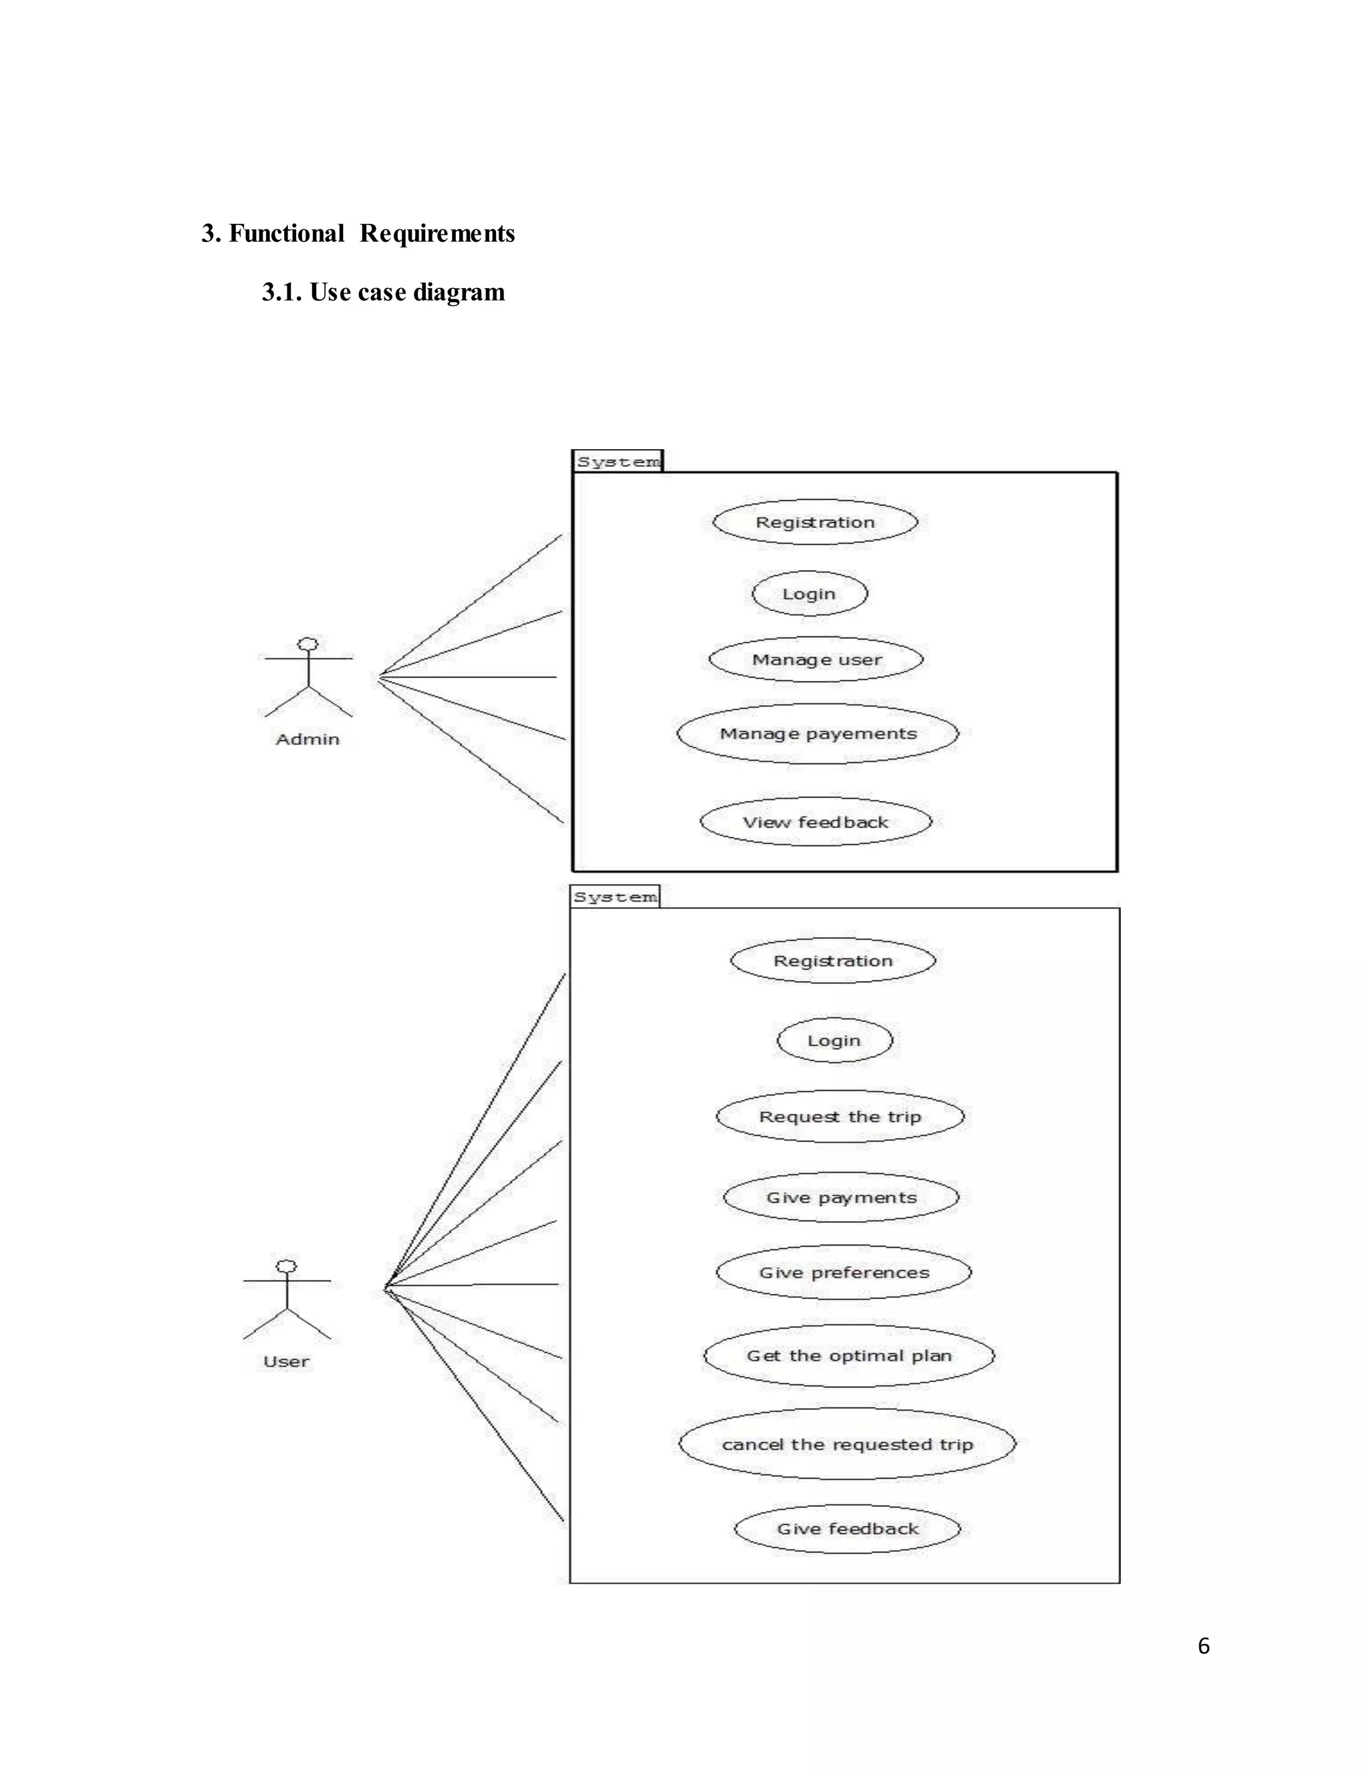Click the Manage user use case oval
(x=816, y=659)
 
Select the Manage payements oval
(x=818, y=733)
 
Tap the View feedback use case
(x=816, y=821)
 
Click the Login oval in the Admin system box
(x=810, y=593)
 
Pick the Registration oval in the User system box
(x=833, y=961)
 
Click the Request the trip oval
(x=840, y=1117)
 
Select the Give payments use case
(x=841, y=1197)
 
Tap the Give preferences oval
(x=844, y=1272)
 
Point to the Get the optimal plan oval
(x=848, y=1356)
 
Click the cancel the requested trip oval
(x=847, y=1444)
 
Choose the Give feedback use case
(x=848, y=1528)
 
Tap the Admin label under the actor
(x=307, y=738)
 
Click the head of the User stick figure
(x=286, y=1266)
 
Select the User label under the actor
(x=286, y=1361)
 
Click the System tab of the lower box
(x=615, y=897)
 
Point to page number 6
(x=1203, y=1645)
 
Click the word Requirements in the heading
(x=437, y=233)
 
